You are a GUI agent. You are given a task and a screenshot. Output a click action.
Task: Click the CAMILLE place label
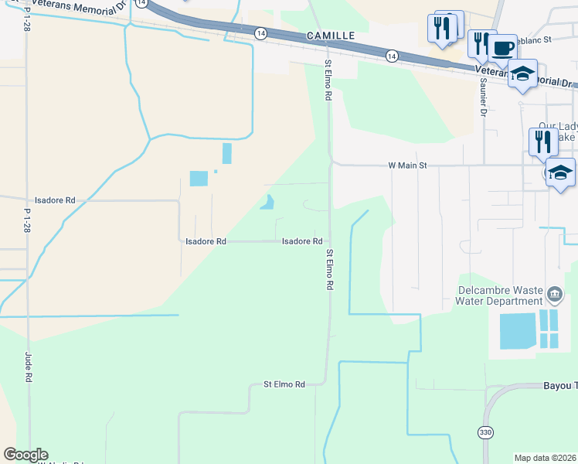tap(330, 36)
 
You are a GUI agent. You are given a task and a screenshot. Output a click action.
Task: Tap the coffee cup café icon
tap(502, 48)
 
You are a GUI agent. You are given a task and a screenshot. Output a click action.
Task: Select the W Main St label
tap(407, 165)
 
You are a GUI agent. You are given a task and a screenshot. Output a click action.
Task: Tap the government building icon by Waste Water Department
tap(554, 295)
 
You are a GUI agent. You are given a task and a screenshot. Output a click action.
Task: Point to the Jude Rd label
tap(29, 367)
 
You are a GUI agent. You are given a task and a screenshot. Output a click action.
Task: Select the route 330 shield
tap(484, 432)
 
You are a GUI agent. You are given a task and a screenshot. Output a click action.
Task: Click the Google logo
tap(25, 455)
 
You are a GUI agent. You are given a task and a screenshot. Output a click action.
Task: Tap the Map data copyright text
tap(545, 458)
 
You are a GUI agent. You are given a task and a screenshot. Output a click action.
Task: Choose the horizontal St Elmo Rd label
tap(284, 384)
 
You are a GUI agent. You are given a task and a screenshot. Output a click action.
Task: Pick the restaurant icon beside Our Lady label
tap(543, 142)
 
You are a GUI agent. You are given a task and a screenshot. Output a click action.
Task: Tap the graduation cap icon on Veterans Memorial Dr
tap(522, 74)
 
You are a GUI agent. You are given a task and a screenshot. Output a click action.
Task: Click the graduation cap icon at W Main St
tap(560, 172)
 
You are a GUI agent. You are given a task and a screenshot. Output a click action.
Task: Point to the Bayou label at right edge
tap(559, 386)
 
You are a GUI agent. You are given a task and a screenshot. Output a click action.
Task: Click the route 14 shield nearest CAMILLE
tap(260, 33)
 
